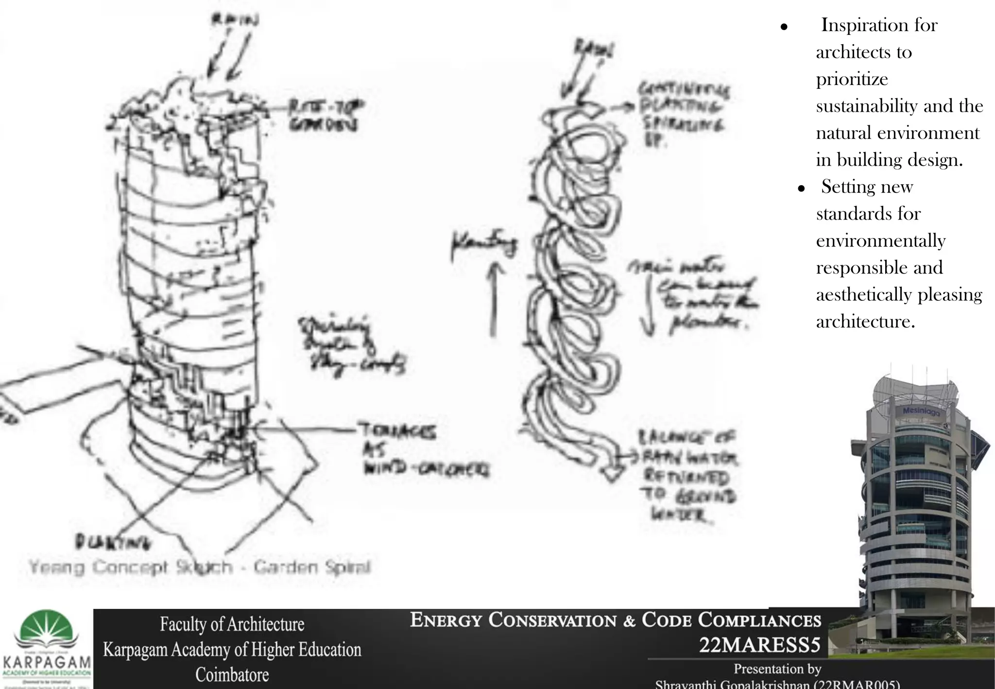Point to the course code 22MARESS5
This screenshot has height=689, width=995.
tap(759, 645)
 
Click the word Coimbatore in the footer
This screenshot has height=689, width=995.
tap(232, 674)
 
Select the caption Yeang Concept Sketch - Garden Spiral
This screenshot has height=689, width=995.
tap(199, 567)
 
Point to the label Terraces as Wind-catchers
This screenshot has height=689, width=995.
tap(423, 449)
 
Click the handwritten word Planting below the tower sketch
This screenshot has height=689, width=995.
tap(113, 541)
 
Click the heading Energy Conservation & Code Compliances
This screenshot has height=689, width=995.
tap(615, 620)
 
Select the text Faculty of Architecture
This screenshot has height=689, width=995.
tap(232, 624)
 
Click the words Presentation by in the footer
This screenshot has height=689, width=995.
tap(777, 669)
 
